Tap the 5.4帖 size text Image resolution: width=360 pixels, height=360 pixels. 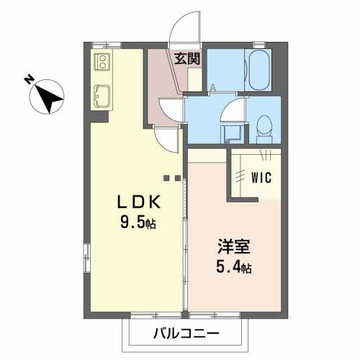coord(234,268)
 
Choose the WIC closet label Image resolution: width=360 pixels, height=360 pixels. coord(261,177)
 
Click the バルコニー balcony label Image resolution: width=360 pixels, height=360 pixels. coord(185,334)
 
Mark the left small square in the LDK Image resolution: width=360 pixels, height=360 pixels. coord(166,177)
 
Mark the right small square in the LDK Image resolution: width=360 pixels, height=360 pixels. coord(176,177)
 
